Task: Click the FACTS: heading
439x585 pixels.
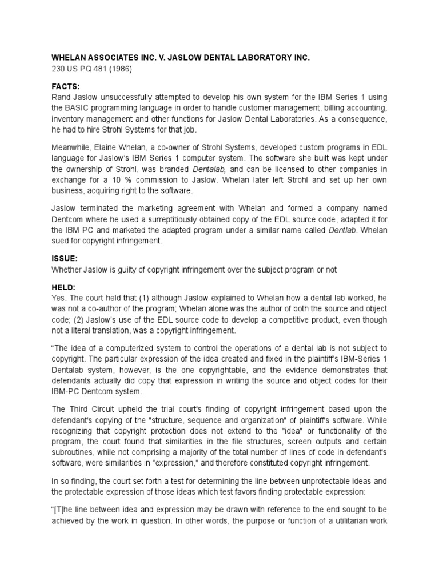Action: [x=66, y=86]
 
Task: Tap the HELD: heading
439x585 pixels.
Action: [x=64, y=287]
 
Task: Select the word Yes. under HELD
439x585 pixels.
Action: [x=60, y=298]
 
